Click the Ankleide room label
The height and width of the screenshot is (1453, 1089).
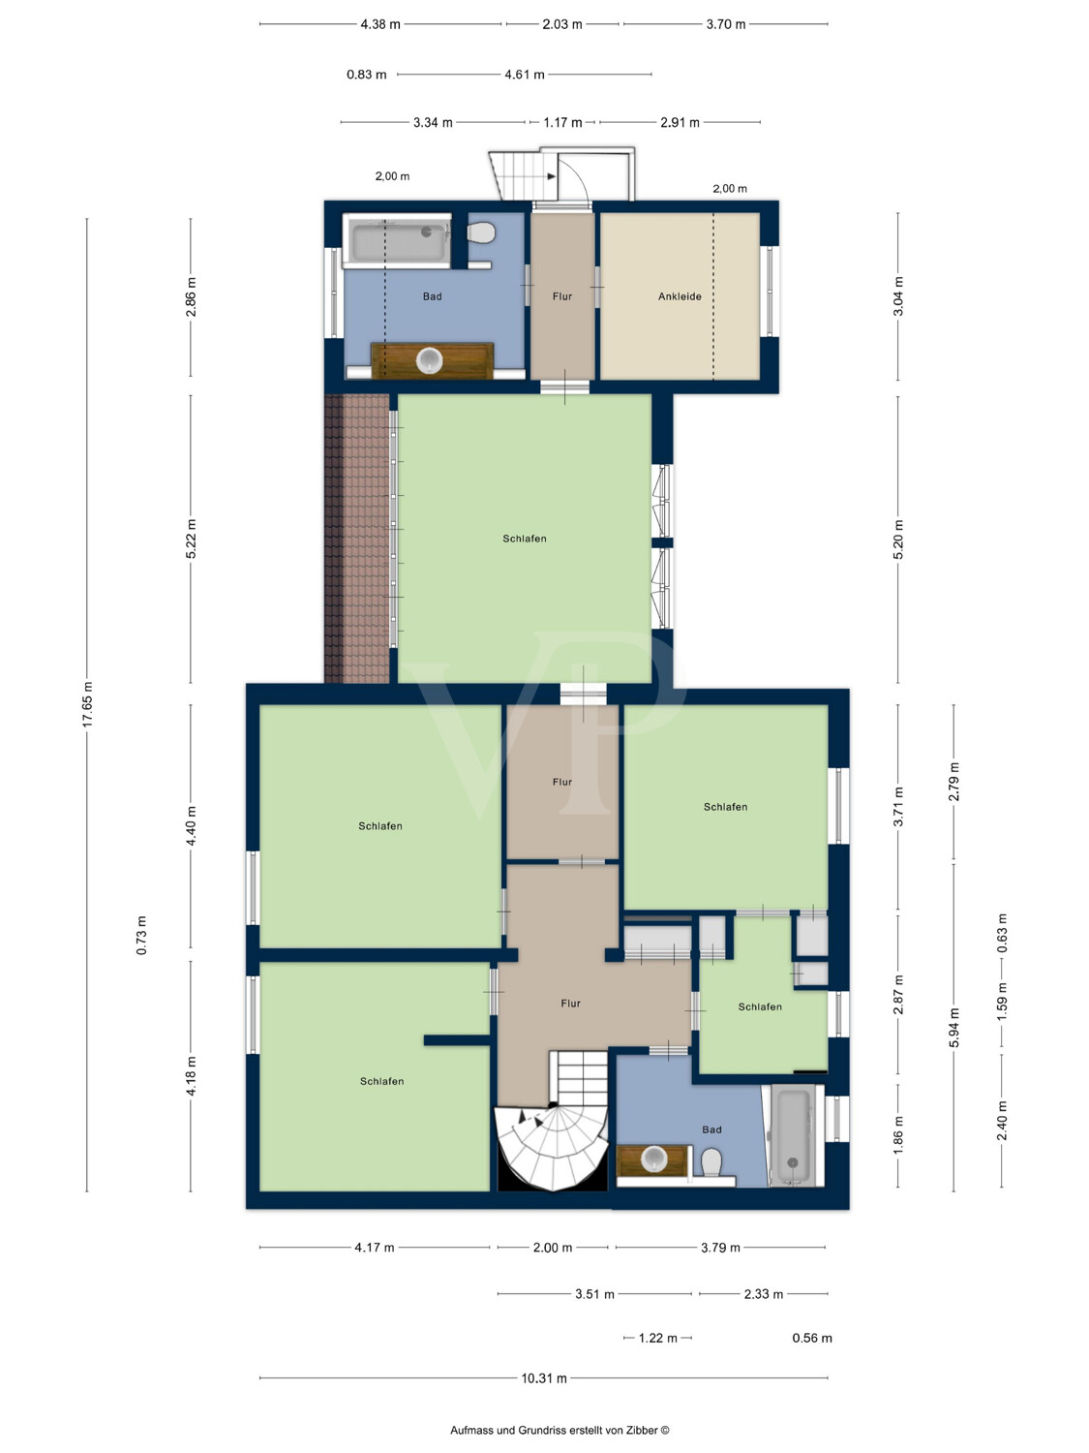[680, 296]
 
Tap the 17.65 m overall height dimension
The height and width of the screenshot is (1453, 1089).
[87, 703]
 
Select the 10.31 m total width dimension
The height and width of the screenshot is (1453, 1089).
[543, 1378]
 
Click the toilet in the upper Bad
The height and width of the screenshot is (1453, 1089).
[481, 232]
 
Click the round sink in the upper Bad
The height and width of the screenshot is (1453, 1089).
[429, 360]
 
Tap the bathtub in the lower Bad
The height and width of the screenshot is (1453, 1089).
[793, 1135]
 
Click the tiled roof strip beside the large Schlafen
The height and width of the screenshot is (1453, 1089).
[356, 539]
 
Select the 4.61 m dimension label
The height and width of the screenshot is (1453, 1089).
[525, 75]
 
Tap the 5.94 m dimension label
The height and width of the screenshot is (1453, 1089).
[953, 1028]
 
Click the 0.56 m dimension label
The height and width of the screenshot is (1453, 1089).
[812, 1338]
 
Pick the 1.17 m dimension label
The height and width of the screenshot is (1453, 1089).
[562, 122]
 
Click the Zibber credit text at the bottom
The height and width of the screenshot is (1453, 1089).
[560, 1430]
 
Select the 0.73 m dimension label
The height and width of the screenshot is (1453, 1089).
[141, 936]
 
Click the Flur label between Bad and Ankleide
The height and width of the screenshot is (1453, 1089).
[562, 296]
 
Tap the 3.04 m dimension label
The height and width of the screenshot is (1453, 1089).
[898, 296]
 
